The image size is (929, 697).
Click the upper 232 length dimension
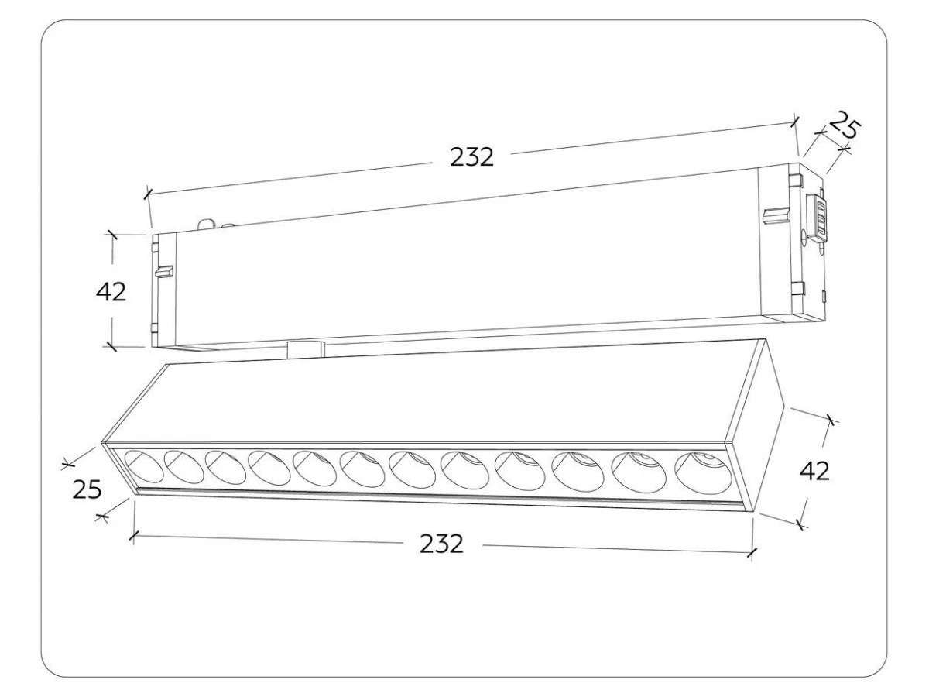tap(471, 157)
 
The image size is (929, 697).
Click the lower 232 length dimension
tap(441, 544)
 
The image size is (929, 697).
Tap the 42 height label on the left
tap(111, 292)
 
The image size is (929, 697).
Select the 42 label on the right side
tap(814, 471)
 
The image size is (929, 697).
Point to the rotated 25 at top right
tap(844, 125)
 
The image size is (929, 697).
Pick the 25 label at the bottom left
tap(87, 489)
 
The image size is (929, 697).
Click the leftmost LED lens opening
tap(143, 466)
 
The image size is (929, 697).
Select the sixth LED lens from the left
tap(363, 469)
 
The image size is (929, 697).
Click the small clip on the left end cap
tap(164, 271)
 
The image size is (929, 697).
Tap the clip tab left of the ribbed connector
tap(776, 215)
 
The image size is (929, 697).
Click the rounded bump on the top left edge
tap(206, 225)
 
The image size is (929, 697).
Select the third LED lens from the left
tap(225, 467)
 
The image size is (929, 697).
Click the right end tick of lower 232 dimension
tap(752, 552)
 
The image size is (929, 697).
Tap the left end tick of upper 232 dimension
tap(147, 194)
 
